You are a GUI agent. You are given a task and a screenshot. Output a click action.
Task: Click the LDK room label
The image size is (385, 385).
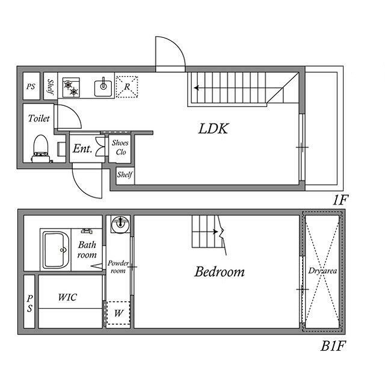214,129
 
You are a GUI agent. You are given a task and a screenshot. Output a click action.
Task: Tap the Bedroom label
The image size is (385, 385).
220,271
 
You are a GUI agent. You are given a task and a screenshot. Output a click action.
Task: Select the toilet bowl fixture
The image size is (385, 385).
41,149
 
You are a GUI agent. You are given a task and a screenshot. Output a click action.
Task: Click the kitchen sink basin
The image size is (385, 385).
103,87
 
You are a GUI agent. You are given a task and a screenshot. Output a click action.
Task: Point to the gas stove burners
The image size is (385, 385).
71,88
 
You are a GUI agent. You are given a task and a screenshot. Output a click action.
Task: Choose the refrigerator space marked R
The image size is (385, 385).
127,87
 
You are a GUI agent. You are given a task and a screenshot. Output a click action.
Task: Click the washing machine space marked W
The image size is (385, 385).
119,313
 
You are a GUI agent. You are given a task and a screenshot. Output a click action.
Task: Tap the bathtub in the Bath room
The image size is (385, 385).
55,250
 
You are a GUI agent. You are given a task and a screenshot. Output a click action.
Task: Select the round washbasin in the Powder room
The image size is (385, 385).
120,224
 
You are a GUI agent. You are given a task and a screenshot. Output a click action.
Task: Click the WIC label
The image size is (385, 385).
67,297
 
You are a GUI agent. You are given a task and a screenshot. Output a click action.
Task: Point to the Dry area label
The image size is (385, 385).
322,271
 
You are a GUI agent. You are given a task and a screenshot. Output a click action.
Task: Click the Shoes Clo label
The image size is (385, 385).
120,147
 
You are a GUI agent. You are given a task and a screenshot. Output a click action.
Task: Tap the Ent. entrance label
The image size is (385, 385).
82,149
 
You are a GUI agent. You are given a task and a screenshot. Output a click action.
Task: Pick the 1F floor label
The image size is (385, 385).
340,200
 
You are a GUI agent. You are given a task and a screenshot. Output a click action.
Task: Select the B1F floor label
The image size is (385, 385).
333,346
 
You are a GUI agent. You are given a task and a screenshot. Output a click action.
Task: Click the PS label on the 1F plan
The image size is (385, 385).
31,87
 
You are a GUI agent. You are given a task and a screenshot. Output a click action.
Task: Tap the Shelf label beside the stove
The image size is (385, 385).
51,87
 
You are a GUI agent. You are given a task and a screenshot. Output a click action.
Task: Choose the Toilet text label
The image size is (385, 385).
38,119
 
